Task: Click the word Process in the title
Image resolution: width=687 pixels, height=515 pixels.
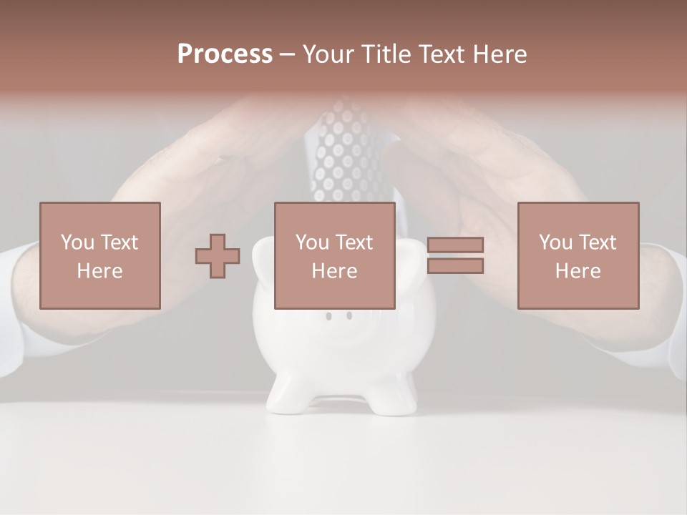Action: point(225,54)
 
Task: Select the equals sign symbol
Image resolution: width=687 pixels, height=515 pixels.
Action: point(455,255)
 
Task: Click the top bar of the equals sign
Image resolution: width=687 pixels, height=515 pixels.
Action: point(455,245)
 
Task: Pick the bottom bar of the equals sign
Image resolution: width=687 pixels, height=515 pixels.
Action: point(455,266)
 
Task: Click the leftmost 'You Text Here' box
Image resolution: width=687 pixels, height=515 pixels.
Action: point(100,255)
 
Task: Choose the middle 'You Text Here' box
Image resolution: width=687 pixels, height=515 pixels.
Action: point(334,255)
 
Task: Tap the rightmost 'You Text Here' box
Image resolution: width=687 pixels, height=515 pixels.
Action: point(578,255)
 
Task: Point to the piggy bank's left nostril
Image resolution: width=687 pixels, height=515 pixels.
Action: point(328,315)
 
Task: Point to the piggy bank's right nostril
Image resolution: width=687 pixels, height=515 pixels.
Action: point(349,315)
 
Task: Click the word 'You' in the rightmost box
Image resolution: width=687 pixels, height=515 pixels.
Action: point(554,242)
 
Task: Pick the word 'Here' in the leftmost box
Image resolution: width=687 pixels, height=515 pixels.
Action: point(100,271)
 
